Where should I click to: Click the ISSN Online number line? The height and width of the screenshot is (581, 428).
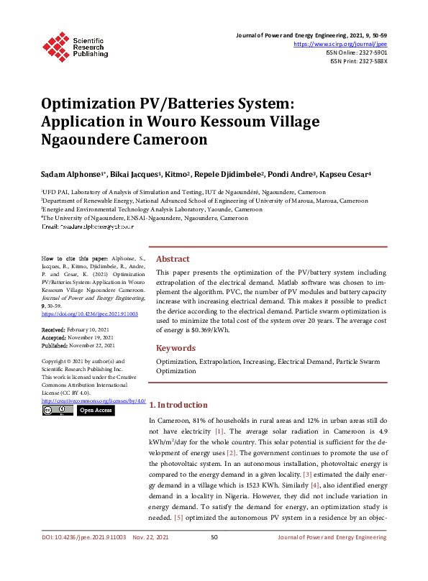(358, 52)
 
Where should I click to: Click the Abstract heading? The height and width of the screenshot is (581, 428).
(173, 259)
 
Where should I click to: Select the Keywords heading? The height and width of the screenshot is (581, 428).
(176, 348)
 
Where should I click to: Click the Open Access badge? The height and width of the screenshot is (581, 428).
(95, 410)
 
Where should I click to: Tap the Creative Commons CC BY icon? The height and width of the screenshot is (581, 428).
(58, 410)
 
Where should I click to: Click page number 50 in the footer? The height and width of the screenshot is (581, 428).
(214, 557)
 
